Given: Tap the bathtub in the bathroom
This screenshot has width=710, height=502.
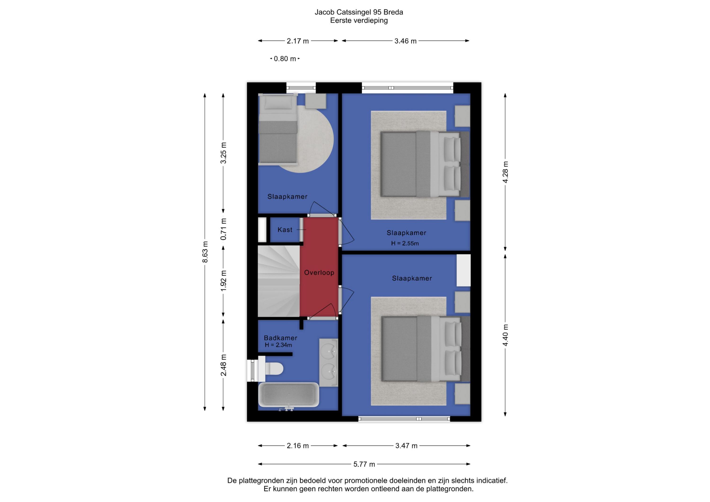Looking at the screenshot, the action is [x=289, y=395].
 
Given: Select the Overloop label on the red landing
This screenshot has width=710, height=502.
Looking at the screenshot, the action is [x=319, y=272].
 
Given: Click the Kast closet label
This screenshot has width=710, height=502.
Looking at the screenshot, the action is [x=285, y=230].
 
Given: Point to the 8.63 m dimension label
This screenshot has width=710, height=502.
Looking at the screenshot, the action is [x=205, y=252].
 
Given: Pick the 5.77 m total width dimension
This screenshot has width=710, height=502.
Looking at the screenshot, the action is [x=364, y=464].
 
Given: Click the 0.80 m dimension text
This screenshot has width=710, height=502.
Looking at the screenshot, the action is [x=285, y=59].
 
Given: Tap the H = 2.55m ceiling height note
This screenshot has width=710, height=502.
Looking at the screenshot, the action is [x=405, y=243].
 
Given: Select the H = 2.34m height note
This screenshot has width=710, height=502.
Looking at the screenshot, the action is [x=278, y=345].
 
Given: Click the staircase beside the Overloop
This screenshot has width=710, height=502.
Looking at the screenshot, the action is [x=279, y=281].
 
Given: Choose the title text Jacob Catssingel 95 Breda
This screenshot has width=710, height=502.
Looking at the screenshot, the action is [x=359, y=12].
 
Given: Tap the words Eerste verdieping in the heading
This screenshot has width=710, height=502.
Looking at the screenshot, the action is [x=359, y=20].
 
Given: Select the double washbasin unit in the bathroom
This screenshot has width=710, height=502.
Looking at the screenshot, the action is [x=328, y=363].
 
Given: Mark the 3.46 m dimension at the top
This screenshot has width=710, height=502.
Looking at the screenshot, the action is [x=405, y=41].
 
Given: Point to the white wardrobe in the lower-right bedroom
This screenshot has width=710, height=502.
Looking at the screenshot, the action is [x=464, y=270].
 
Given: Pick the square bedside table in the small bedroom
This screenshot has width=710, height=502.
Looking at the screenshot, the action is [x=316, y=101].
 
